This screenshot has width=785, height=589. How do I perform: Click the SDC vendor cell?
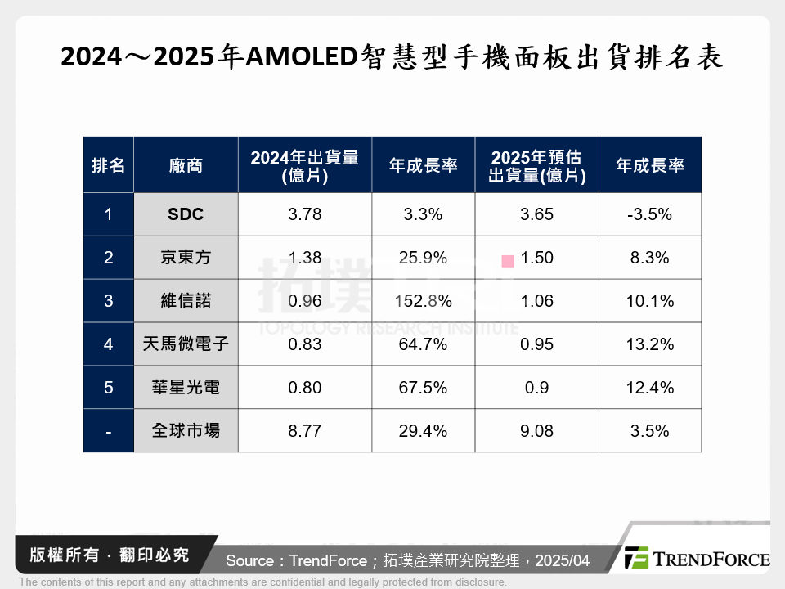(186, 215)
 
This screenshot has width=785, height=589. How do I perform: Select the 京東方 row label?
(186, 258)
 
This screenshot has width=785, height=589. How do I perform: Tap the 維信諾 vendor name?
(186, 301)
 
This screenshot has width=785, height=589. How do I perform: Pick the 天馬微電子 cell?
(186, 344)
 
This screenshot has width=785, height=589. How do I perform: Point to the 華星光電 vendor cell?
(186, 388)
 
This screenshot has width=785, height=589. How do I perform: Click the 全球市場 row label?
(186, 431)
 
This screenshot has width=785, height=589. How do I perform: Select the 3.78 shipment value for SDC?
(305, 215)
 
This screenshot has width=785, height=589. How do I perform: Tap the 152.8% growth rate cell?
(423, 301)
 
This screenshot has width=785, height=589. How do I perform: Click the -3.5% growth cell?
(649, 215)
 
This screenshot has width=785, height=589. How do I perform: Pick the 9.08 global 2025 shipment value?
(536, 431)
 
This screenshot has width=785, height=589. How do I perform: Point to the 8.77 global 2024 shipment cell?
(305, 431)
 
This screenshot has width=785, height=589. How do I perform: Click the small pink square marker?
(508, 261)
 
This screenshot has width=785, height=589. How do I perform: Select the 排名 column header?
(109, 165)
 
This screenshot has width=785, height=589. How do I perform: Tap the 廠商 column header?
(186, 165)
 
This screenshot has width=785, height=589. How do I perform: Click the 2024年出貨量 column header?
(305, 165)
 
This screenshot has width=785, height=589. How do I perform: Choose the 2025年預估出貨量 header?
(536, 165)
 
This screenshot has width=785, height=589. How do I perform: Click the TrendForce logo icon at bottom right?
(636, 558)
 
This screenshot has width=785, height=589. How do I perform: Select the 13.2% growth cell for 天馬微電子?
(649, 344)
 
